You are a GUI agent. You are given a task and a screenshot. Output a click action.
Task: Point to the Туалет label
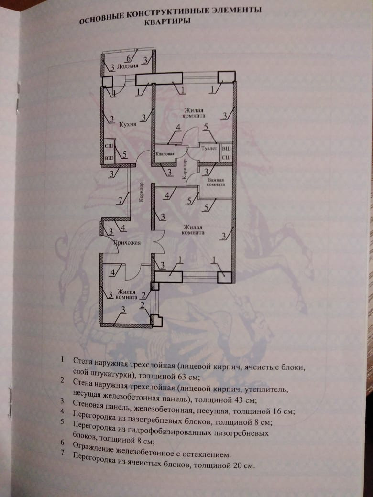click(x=209, y=149)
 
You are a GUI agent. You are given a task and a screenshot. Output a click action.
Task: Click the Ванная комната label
click(x=215, y=182)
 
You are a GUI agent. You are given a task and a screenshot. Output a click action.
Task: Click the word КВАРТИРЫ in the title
click(x=170, y=22)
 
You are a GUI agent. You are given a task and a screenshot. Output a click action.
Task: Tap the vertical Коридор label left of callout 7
click(x=141, y=193)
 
